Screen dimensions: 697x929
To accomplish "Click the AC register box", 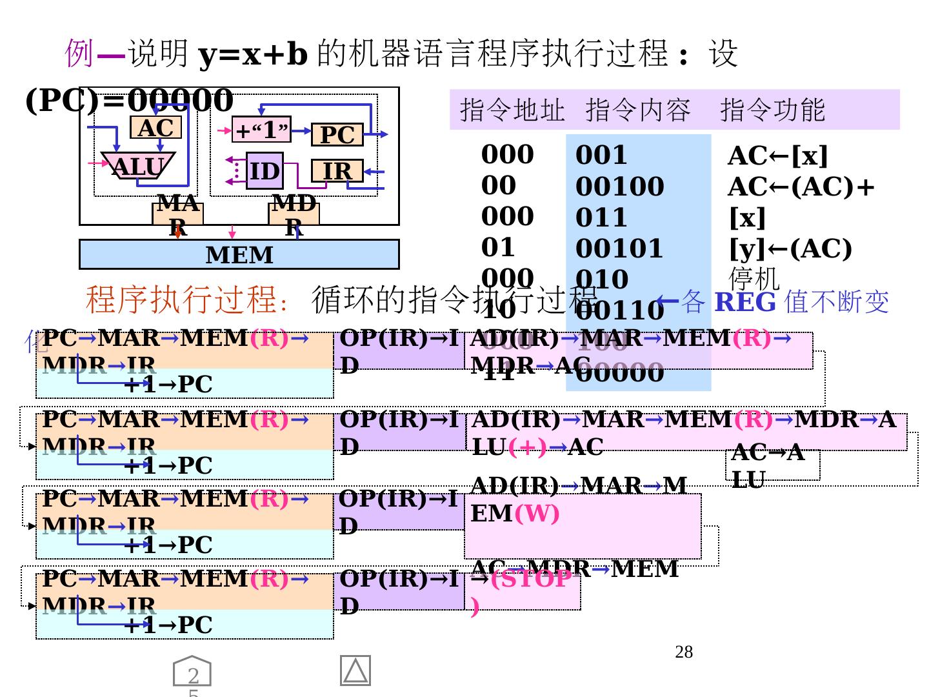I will [155, 128].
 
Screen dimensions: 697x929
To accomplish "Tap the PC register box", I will [337, 135].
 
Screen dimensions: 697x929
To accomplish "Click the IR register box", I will [337, 171].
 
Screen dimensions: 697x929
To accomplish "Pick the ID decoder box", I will [265, 171].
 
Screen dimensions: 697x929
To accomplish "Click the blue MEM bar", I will [239, 255].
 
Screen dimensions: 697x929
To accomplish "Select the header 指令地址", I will [512, 110].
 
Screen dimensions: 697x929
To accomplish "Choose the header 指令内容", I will [638, 110].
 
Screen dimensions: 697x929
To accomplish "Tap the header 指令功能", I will [772, 110].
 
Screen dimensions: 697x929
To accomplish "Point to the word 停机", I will [754, 279].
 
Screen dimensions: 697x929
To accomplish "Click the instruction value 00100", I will [619, 187].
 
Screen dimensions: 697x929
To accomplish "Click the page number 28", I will [684, 652].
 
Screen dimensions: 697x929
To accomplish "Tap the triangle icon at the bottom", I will [355, 671].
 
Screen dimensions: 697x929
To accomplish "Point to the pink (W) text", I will [537, 514].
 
